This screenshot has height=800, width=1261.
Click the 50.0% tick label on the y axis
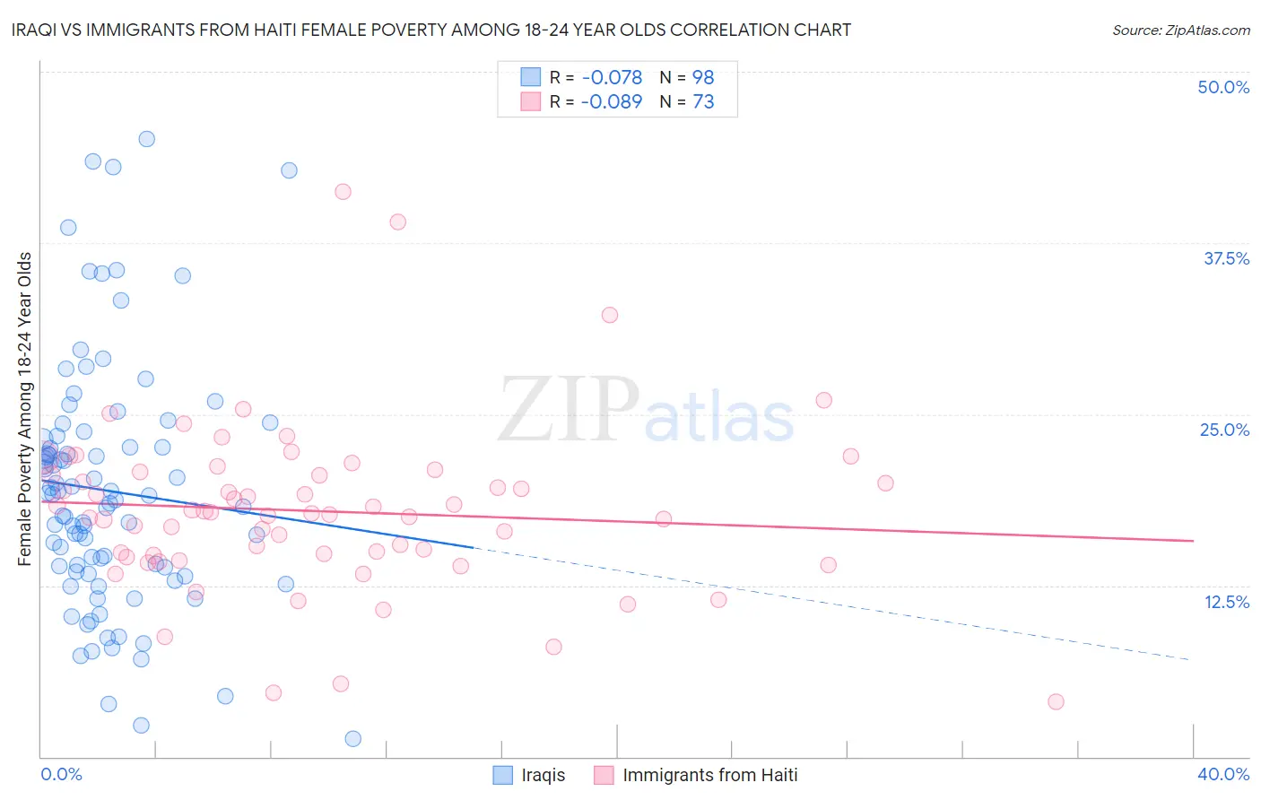[1223, 87]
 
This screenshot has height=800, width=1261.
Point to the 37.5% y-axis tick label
[1225, 258]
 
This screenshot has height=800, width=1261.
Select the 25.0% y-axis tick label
[1224, 430]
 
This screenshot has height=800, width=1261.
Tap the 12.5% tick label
[1226, 602]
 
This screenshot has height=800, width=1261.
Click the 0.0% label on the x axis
[61, 774]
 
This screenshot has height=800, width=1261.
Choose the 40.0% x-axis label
[1223, 774]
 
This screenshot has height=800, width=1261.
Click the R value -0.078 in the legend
[611, 77]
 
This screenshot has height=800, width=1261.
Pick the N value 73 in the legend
[703, 102]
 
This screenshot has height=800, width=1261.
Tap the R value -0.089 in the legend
[611, 102]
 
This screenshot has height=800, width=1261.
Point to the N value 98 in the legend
[703, 77]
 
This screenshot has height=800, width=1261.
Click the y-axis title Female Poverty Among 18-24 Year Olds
[24, 409]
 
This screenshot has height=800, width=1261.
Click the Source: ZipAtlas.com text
[1180, 30]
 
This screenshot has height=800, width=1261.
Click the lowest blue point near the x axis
[353, 738]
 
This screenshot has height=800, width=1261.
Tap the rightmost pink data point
[1056, 701]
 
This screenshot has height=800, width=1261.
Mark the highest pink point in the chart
[343, 191]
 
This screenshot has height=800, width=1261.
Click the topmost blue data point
[146, 139]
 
